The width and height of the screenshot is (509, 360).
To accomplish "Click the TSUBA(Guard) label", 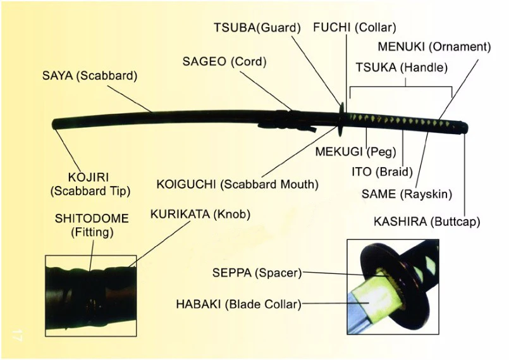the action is [257, 28].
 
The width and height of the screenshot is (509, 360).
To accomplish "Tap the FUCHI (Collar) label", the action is [355, 28].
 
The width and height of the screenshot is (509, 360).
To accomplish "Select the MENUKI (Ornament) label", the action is [434, 47].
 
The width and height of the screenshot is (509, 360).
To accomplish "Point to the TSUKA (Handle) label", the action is [402, 68].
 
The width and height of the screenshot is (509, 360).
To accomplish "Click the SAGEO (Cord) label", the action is [224, 61].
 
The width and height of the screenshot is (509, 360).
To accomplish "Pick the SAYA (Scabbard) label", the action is [90, 76].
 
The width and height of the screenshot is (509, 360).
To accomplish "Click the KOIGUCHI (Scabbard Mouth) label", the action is [237, 184].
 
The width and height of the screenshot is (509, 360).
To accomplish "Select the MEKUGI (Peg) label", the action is [355, 151].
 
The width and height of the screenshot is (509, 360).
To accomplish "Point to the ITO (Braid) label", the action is [382, 171].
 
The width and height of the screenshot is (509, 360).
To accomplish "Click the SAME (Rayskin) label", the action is [407, 194].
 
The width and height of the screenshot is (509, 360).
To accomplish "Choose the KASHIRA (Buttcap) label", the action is [427, 222].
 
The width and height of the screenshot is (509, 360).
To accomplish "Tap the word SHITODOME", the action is [92, 218].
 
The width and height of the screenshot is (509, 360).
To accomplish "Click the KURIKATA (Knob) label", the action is [200, 214].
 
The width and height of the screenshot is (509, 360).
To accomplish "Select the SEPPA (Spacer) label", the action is [257, 273].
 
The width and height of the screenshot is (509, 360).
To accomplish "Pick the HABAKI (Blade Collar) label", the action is [238, 304].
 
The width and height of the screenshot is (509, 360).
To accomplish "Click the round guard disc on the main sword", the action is [341, 120].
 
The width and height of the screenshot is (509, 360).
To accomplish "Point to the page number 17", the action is [17, 335].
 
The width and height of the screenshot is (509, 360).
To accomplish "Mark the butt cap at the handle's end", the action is [464, 128].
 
